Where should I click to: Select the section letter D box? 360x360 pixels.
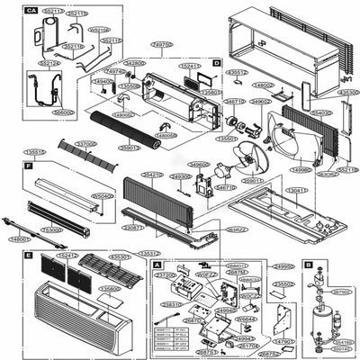coord(217,62)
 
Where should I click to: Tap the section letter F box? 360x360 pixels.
coord(30,167)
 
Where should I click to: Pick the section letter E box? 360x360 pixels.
coord(30,256)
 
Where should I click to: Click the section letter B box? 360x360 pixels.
coord(308,265)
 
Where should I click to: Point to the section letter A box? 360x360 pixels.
coord(158,266)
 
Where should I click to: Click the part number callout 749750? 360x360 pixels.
coord(162,43)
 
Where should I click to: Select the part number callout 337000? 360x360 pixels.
coord(85,144)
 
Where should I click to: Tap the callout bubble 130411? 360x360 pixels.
coord(296,191)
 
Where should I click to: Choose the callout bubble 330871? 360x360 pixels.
coord(132,229)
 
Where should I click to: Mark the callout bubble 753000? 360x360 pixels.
coord(52,230)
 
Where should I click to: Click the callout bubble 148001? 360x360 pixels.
coord(20,239)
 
